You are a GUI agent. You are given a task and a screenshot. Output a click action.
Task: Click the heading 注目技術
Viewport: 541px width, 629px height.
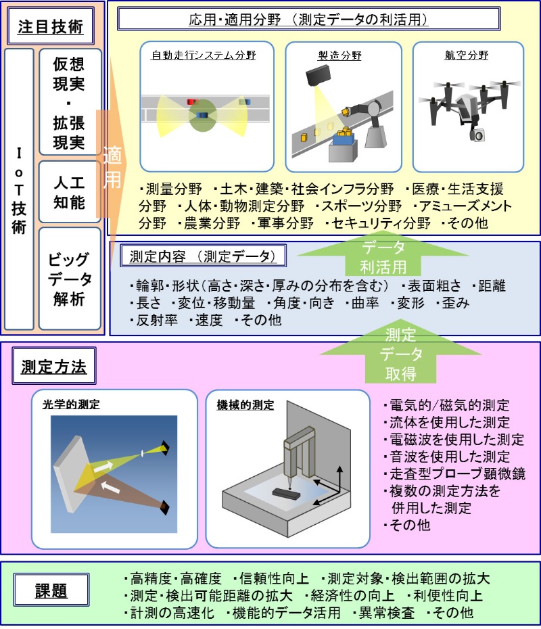click(x=52, y=26)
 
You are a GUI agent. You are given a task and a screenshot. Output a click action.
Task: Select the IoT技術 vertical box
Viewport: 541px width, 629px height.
click(x=18, y=189)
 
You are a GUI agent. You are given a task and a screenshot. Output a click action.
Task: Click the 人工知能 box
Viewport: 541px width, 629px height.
click(x=70, y=191)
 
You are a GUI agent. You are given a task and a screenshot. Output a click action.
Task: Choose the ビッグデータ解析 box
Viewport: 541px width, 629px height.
click(x=70, y=278)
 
